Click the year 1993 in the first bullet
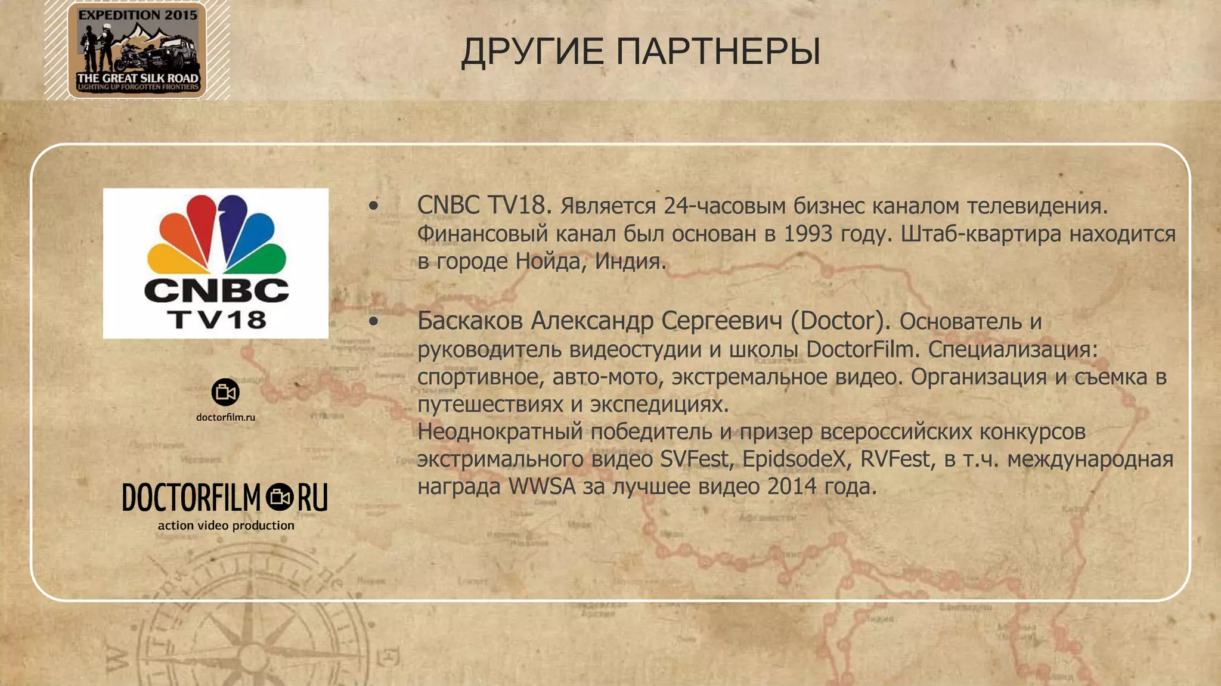click(808, 234)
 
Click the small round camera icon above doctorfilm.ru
click(225, 392)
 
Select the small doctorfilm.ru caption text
click(225, 417)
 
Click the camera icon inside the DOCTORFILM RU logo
click(279, 497)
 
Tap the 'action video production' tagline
click(226, 525)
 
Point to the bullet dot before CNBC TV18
click(374, 206)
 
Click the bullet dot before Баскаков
click(374, 322)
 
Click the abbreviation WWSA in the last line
click(542, 486)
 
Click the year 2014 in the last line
click(792, 486)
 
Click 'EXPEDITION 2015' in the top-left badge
click(138, 15)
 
